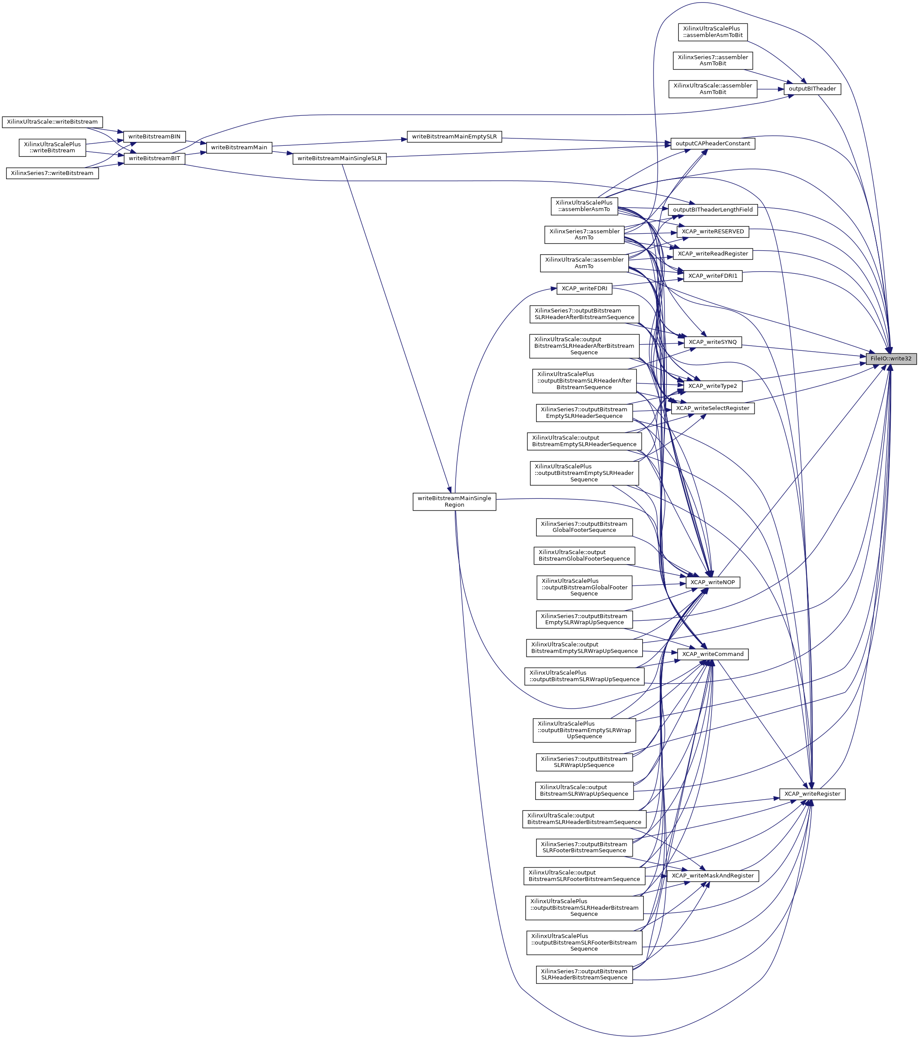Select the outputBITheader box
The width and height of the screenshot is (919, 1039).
(812, 89)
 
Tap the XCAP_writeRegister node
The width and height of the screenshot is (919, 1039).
(812, 794)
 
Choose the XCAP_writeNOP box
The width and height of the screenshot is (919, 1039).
(712, 582)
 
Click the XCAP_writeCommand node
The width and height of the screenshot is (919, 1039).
(712, 654)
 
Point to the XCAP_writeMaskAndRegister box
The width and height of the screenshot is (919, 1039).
(712, 876)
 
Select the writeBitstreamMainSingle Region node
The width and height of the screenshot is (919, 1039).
(454, 502)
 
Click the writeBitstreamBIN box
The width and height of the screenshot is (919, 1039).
(154, 137)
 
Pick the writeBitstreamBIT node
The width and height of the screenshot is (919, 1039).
(154, 158)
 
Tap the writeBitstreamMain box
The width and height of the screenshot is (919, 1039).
(239, 148)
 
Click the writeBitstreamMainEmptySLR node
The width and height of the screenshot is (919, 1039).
(454, 137)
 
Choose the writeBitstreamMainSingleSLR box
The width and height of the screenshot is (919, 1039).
(339, 158)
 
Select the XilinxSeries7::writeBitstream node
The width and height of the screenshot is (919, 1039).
(52, 173)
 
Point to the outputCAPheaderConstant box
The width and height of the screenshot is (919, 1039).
(712, 144)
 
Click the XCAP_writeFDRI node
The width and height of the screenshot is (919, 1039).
(584, 289)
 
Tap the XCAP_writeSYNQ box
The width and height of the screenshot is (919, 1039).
(712, 342)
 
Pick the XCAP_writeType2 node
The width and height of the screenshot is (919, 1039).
(712, 387)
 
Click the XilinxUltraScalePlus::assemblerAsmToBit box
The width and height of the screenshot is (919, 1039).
(712, 32)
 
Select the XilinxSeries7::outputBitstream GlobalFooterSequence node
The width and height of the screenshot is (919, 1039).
(584, 527)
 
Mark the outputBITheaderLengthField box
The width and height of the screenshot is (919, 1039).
(712, 209)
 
